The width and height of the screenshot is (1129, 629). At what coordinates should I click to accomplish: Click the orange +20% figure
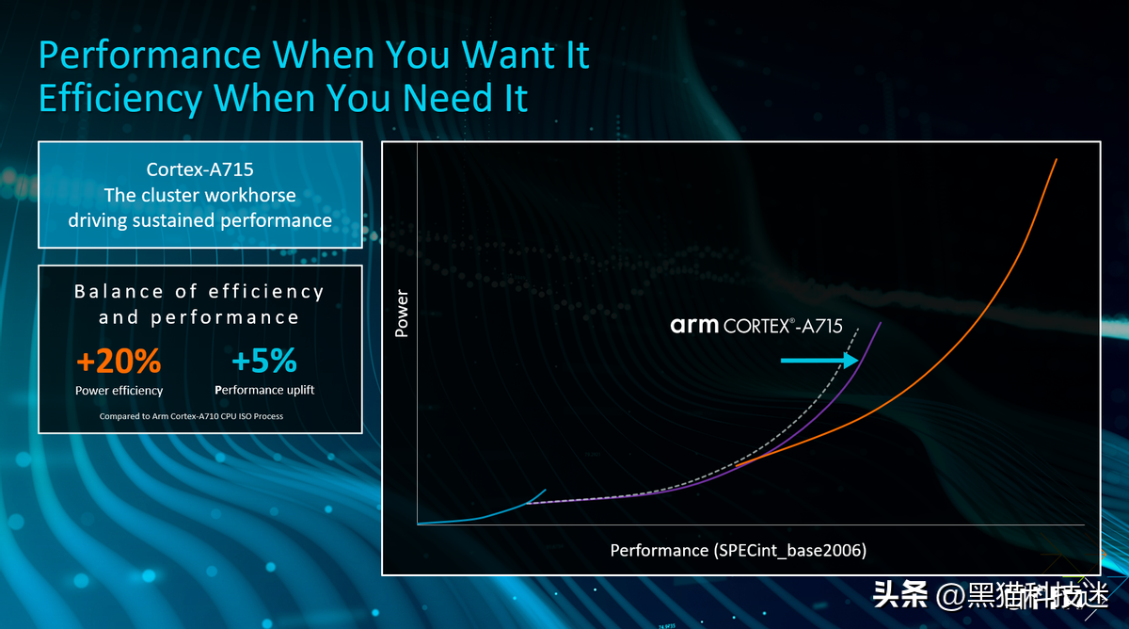coord(119,361)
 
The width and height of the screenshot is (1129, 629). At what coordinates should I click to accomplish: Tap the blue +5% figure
coord(264,360)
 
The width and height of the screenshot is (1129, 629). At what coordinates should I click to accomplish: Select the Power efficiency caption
coord(119,391)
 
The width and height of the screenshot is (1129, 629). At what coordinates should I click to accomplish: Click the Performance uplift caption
coord(264,390)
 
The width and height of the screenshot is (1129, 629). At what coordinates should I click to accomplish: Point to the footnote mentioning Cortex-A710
coord(191,416)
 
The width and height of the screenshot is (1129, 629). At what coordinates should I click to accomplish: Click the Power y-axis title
coord(401,314)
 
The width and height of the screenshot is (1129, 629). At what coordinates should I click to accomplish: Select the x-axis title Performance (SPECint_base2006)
coord(739,550)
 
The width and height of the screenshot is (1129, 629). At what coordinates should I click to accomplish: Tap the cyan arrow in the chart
coord(819,360)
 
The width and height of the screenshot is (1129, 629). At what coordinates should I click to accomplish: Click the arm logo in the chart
coord(694,326)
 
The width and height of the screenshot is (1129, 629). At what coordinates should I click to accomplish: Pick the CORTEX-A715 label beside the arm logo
coord(783,326)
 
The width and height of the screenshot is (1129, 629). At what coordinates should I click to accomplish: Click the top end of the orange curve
coord(1057,159)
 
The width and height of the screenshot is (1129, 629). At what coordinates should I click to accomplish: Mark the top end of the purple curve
coord(881,323)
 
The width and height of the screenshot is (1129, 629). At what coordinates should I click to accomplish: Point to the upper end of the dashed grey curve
coord(858,329)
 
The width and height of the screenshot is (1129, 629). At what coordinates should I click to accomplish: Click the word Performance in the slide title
coord(150,55)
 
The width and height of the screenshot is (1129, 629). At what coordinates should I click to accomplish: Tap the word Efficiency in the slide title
coord(120,98)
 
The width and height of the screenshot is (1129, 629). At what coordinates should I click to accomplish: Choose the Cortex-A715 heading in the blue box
coord(199,169)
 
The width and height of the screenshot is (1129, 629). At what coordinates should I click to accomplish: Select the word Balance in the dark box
coord(119,292)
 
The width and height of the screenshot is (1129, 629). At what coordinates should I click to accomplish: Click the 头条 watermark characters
coord(900,595)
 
